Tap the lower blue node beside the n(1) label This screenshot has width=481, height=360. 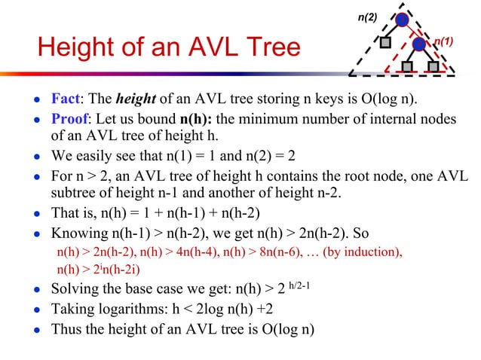click(418, 44)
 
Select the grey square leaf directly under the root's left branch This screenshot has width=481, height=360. click(384, 43)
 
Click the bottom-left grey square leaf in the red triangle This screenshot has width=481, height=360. click(406, 66)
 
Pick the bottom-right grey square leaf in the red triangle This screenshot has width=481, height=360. click(432, 66)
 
